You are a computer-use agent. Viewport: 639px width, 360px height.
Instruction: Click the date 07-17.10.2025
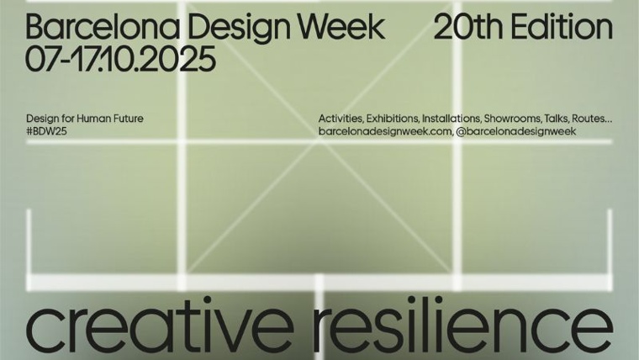click(120, 59)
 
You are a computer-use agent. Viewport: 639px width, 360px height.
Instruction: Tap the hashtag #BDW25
click(46, 131)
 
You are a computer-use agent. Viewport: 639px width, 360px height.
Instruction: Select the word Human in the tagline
click(92, 119)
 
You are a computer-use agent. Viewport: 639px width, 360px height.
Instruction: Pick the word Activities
click(341, 119)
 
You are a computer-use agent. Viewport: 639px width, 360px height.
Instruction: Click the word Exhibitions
click(393, 119)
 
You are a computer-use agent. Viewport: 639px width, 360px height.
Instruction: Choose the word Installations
click(452, 119)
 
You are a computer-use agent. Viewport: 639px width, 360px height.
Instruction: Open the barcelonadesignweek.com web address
click(385, 131)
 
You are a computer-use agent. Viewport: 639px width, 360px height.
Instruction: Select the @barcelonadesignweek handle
click(516, 131)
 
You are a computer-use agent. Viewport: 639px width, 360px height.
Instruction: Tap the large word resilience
click(463, 327)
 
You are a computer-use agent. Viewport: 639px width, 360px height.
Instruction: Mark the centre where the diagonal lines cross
click(319, 140)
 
